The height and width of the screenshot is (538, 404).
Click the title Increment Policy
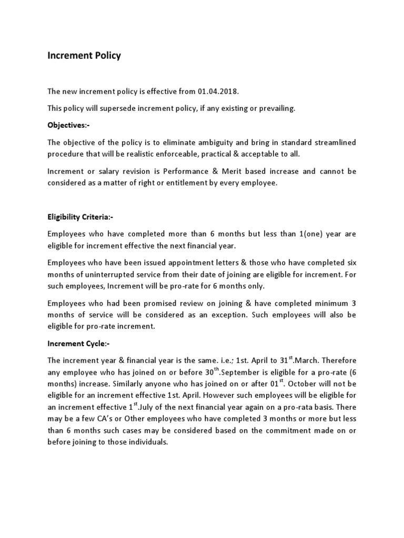point(84,55)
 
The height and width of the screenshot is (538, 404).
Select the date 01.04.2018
point(218,91)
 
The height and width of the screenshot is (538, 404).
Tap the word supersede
point(122,108)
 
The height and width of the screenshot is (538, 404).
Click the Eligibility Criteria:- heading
point(80,217)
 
